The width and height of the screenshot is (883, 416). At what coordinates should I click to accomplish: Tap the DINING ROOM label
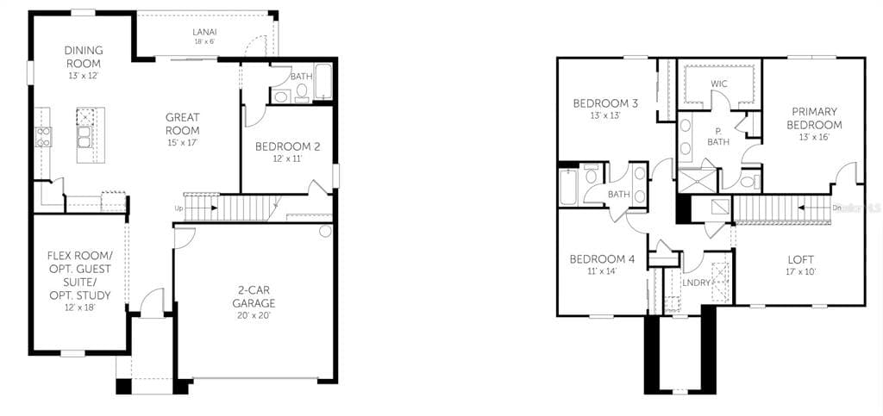(x=83, y=58)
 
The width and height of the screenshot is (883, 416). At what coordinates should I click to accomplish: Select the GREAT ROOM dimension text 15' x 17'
(x=183, y=142)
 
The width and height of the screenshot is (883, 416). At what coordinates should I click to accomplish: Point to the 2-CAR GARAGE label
(x=254, y=296)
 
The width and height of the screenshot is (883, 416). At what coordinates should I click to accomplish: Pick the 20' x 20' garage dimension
(x=254, y=315)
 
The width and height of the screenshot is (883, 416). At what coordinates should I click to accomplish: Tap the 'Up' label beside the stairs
(x=178, y=208)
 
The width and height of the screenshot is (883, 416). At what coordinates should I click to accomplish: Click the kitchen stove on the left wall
(x=43, y=136)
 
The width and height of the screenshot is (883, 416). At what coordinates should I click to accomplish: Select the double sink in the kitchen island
(x=85, y=138)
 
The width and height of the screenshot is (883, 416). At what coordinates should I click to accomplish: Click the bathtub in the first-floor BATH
(x=323, y=83)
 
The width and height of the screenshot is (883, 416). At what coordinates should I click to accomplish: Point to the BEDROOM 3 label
(x=605, y=104)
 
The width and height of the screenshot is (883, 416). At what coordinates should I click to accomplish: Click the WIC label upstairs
(x=719, y=84)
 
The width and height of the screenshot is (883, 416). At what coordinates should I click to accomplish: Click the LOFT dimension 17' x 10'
(x=800, y=271)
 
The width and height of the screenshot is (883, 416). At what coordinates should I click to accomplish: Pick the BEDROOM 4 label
(x=602, y=259)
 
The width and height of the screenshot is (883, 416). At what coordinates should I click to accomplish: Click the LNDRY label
(x=696, y=283)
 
